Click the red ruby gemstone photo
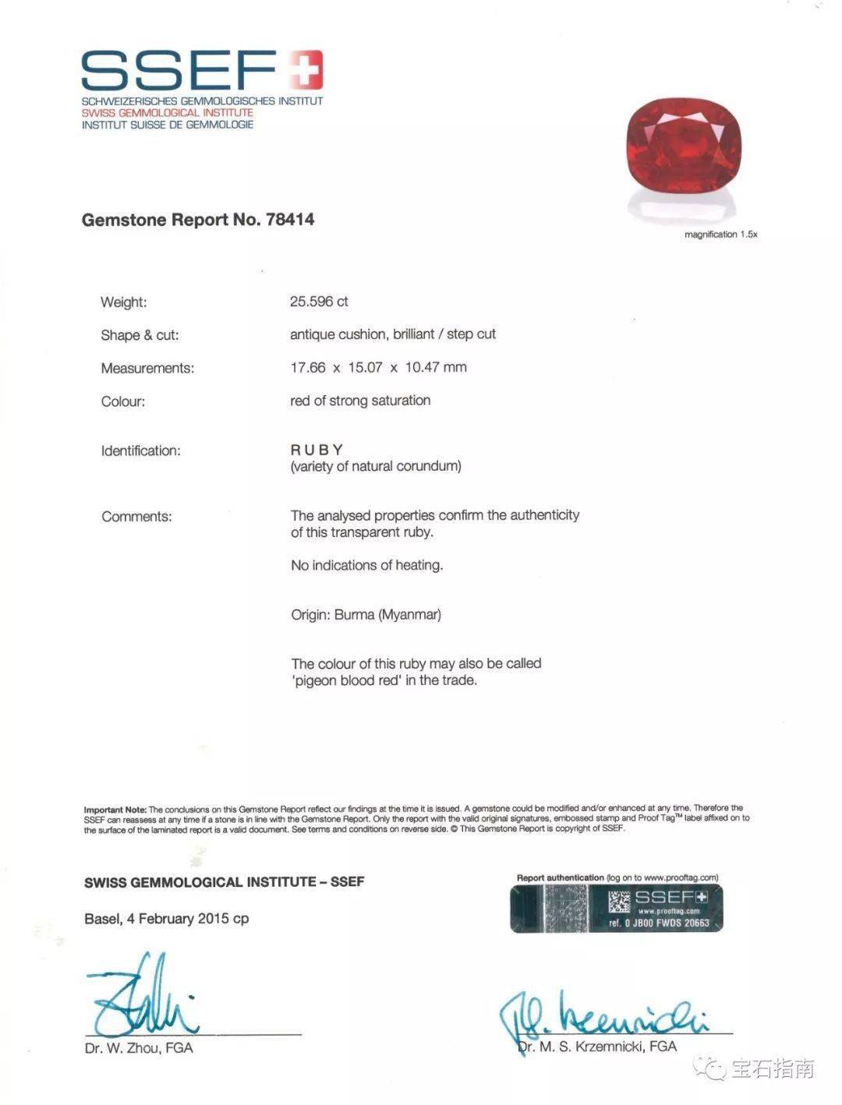(684, 152)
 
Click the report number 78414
(290, 220)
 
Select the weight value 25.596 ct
(319, 302)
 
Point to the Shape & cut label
(140, 335)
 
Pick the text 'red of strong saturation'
(360, 401)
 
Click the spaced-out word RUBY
(317, 450)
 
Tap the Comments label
(136, 517)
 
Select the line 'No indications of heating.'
(366, 565)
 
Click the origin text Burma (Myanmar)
(387, 615)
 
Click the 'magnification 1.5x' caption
(720, 235)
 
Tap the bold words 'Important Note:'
(115, 809)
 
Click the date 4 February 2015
(179, 919)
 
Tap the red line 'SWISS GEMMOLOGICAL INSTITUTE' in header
(168, 113)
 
